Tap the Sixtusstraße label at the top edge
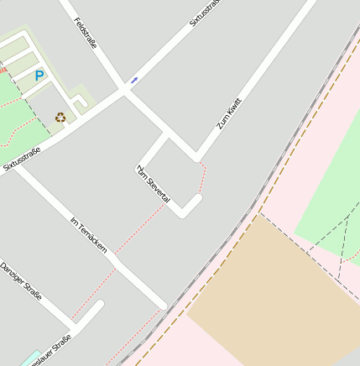pyautogui.click(x=205, y=13)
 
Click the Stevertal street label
pyautogui.click(x=154, y=184)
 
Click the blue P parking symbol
pyautogui.click(x=39, y=76)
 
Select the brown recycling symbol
pyautogui.click(x=60, y=118)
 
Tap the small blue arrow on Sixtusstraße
pyautogui.click(x=134, y=81)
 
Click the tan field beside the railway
pyautogui.click(x=269, y=294)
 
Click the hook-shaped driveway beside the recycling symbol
pyautogui.click(x=81, y=103)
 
